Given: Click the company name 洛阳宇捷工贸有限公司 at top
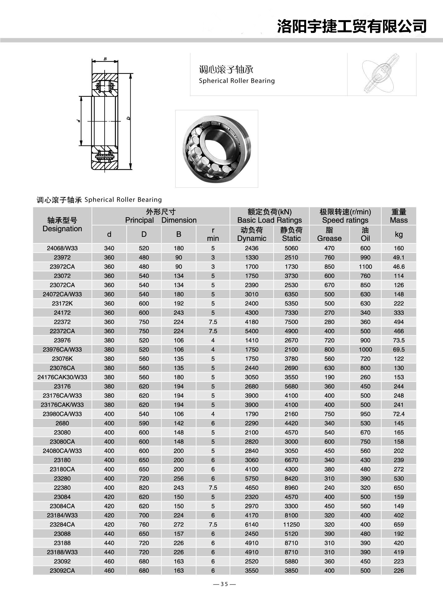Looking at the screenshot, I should (351, 26).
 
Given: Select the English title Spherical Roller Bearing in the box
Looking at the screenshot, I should (237, 81).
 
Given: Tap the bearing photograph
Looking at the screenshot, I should (217, 149).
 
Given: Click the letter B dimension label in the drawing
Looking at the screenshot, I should (105, 59).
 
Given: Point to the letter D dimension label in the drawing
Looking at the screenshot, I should (128, 118).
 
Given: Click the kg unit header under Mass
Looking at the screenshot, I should (399, 234).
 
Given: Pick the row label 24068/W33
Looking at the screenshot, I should (62, 248).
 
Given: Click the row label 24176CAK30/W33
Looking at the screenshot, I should (62, 377).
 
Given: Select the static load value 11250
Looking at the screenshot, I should (291, 525).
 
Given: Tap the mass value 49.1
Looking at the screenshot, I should (399, 257).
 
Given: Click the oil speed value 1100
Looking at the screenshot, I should (365, 267).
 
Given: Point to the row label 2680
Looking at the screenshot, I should (62, 423).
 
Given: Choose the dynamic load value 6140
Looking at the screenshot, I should (251, 525).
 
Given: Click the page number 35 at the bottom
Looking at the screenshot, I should (224, 584).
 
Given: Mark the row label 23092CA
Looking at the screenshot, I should (62, 571).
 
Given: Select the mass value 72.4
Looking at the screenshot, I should (399, 414).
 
